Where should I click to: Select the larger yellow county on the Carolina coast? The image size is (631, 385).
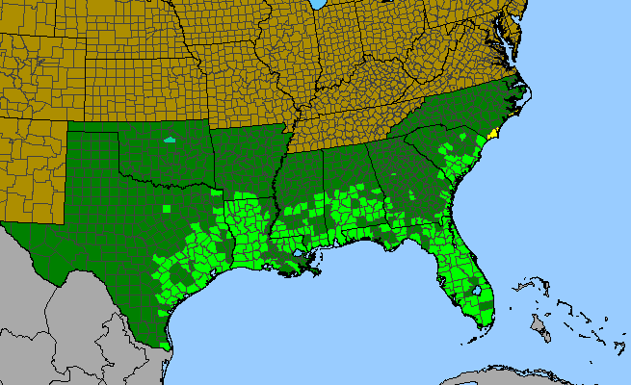[x=492, y=134]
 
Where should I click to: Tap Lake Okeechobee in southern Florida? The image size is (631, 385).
[x=477, y=290]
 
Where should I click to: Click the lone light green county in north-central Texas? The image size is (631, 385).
[x=166, y=207]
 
